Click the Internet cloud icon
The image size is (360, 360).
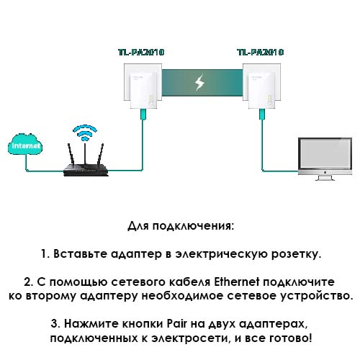[x=25, y=144]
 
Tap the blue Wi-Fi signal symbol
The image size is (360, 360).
[x=85, y=132]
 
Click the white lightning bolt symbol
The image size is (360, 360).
[x=199, y=82]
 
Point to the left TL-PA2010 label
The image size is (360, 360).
[x=141, y=53]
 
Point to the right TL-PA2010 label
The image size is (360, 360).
[x=260, y=53]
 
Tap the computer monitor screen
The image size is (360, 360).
[x=325, y=154]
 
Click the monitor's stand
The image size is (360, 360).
[x=325, y=178]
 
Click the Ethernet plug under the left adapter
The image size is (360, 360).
[x=143, y=114]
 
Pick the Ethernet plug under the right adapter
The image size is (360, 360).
[x=262, y=114]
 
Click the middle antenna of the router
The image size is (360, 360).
[x=85, y=154]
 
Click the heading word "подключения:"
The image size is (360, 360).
[x=193, y=226]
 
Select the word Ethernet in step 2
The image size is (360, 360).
[x=237, y=282]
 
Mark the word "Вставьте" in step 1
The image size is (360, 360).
[x=80, y=254]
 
